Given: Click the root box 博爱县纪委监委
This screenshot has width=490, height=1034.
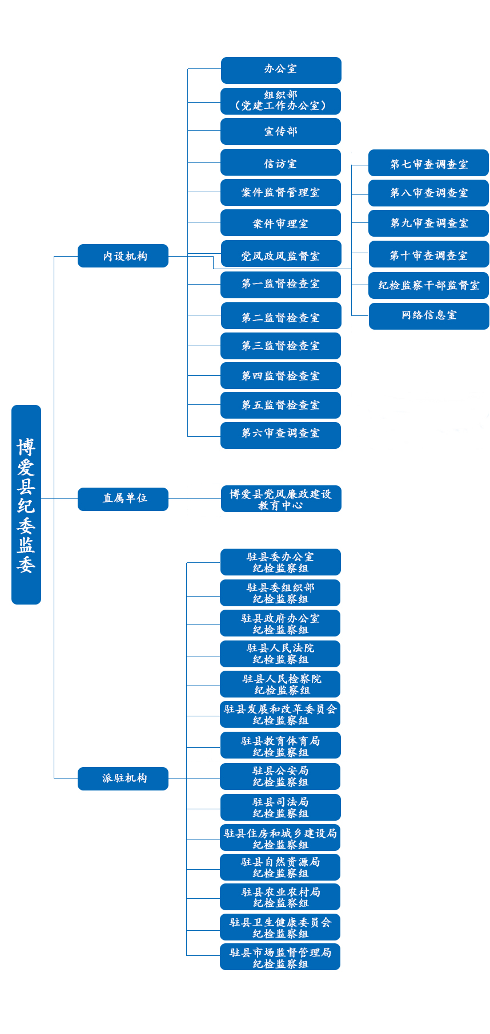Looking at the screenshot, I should click(26, 504).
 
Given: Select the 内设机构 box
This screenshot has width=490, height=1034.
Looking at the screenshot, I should click(123, 256).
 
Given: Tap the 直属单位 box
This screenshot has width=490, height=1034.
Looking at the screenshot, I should click(123, 499).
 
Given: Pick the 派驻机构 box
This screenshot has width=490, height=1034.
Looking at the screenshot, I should click(123, 778).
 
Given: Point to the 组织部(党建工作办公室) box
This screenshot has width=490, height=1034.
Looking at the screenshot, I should click(280, 101).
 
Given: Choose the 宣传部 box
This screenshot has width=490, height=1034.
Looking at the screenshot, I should click(280, 132).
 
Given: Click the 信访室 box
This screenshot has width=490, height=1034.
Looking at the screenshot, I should click(280, 163).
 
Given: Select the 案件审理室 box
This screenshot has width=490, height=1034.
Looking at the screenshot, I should click(280, 223).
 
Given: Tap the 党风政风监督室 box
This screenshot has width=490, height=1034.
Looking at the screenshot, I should click(280, 254).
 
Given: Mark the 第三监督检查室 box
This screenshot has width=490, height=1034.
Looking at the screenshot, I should click(280, 346).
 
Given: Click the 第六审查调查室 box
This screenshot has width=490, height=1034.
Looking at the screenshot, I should click(280, 435).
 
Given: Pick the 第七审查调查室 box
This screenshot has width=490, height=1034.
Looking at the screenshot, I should click(428, 163).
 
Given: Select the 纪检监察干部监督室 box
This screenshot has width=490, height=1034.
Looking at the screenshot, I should click(428, 285).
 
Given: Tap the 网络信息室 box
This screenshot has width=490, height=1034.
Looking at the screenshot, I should click(428, 316).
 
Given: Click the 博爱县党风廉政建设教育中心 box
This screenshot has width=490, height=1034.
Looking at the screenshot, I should click(280, 499).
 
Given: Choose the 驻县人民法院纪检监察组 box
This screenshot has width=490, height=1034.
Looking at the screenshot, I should click(280, 654).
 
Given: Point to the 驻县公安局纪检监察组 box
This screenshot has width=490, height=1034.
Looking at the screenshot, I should click(280, 776).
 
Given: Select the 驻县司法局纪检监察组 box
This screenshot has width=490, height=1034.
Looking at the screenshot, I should click(280, 808).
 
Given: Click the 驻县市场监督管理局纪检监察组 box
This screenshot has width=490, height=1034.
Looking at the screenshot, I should click(280, 957).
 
